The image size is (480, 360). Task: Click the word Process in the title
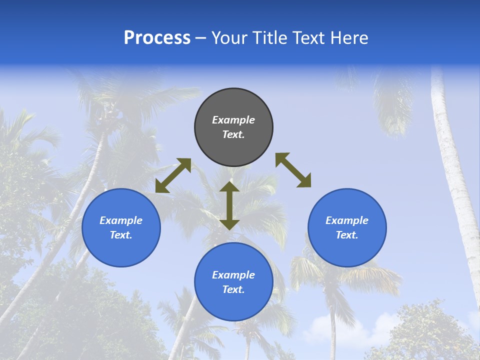[x=157, y=38]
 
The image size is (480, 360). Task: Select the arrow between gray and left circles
[x=173, y=175]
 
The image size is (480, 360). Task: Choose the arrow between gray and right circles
[x=293, y=170]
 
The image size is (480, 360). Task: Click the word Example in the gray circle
[x=233, y=120]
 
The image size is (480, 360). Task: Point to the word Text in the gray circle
[x=233, y=134]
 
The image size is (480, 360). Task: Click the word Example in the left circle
[x=121, y=220]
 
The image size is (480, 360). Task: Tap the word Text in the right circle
[x=347, y=235]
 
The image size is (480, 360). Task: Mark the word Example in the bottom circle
[x=233, y=275]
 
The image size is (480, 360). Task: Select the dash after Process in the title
[x=200, y=38]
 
